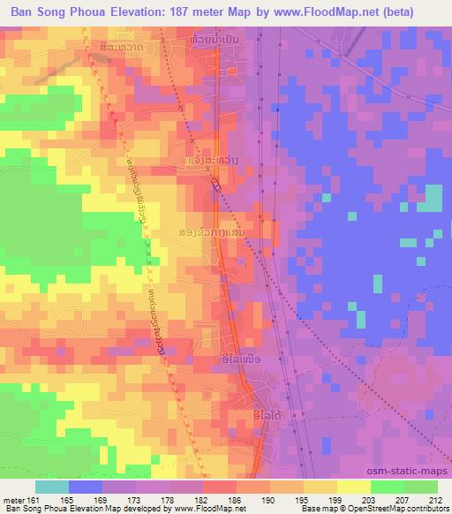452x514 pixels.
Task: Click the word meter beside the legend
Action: pos(13,500)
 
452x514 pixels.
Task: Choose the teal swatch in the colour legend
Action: pos(52,487)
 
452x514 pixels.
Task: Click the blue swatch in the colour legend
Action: pos(86,487)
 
